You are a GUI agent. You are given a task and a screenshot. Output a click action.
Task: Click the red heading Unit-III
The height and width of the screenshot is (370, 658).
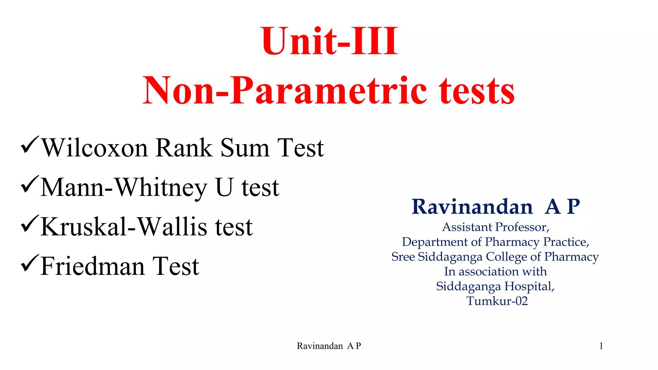(330, 41)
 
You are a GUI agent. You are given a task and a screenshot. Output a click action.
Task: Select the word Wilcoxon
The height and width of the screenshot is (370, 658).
(95, 148)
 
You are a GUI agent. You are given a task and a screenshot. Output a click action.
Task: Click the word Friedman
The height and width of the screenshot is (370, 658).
(92, 267)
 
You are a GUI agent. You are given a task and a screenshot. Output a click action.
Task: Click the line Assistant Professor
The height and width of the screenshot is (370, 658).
(496, 227)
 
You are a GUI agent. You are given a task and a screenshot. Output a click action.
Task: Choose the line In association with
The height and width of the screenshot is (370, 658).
(495, 271)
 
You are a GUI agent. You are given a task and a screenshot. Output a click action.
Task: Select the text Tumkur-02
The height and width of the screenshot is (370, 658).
(497, 301)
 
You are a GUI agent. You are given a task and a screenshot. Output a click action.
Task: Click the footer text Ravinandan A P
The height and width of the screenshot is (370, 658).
(329, 346)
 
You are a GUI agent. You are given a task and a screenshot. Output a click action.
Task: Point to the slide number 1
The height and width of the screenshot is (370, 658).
(601, 346)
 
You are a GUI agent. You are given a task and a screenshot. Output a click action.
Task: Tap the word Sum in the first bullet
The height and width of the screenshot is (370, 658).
(245, 148)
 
